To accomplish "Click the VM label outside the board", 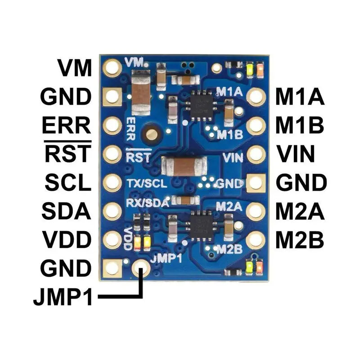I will coord(74,68).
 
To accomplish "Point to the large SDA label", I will coord(67,211).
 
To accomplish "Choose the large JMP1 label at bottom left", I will coord(63,298).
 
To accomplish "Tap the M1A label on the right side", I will coord(300,97).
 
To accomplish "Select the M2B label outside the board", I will coord(300,240).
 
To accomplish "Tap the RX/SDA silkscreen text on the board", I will coord(147,202).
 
